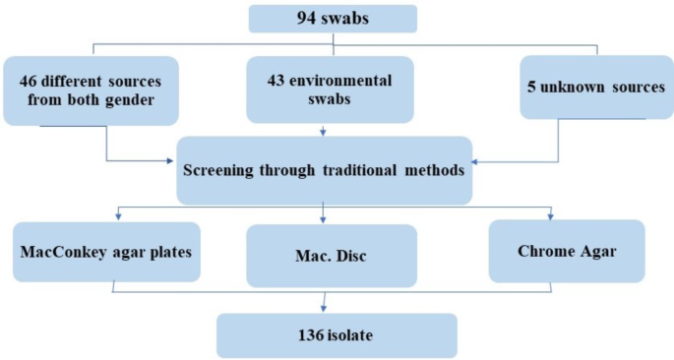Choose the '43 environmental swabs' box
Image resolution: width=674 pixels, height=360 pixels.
coord(327,90)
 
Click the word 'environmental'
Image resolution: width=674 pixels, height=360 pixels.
coord(342,80)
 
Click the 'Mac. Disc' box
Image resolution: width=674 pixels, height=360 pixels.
coord(324,256)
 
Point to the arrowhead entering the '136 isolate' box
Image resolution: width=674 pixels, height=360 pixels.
coord(324,310)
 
